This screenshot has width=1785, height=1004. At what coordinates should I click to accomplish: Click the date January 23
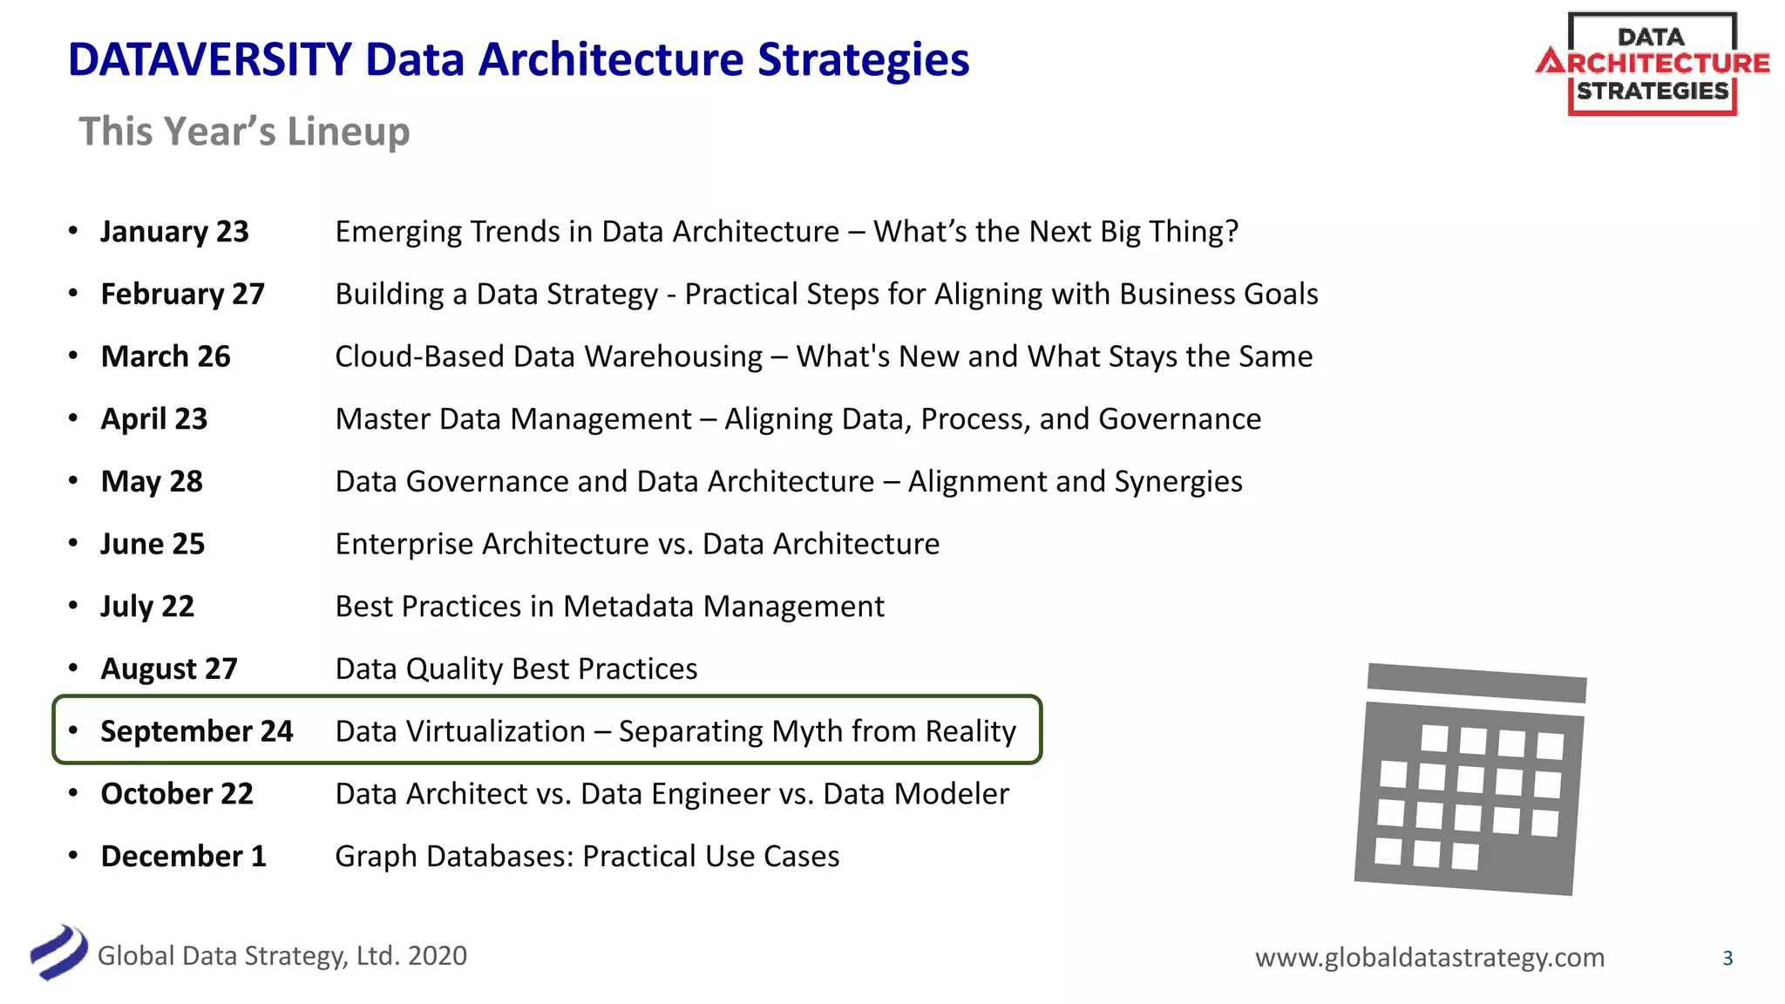pyautogui.click(x=174, y=232)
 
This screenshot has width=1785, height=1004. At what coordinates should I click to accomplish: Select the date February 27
pyautogui.click(x=182, y=295)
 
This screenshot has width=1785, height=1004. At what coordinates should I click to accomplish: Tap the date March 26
pyautogui.click(x=166, y=356)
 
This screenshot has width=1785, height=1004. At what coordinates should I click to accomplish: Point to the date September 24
pyautogui.click(x=196, y=731)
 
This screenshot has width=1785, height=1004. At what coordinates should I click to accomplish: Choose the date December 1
pyautogui.click(x=183, y=856)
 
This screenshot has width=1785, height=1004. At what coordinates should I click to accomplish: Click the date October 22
pyautogui.click(x=177, y=794)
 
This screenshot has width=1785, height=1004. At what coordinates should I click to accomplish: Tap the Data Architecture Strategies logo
pyautogui.click(x=1652, y=64)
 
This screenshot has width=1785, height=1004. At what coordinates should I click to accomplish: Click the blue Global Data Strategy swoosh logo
pyautogui.click(x=58, y=952)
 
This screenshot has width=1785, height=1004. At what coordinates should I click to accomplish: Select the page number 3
pyautogui.click(x=1727, y=959)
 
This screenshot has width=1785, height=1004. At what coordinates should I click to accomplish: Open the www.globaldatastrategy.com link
pyautogui.click(x=1429, y=958)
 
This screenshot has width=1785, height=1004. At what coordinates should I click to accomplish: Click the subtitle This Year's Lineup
pyautogui.click(x=244, y=132)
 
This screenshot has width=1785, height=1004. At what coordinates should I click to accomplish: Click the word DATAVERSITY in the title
pyautogui.click(x=210, y=60)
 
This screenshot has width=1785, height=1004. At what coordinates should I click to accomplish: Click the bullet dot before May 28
pyautogui.click(x=73, y=480)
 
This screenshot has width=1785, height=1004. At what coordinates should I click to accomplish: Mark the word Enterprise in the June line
pyautogui.click(x=404, y=545)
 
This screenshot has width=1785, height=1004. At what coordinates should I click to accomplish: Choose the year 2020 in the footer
pyautogui.click(x=438, y=956)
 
